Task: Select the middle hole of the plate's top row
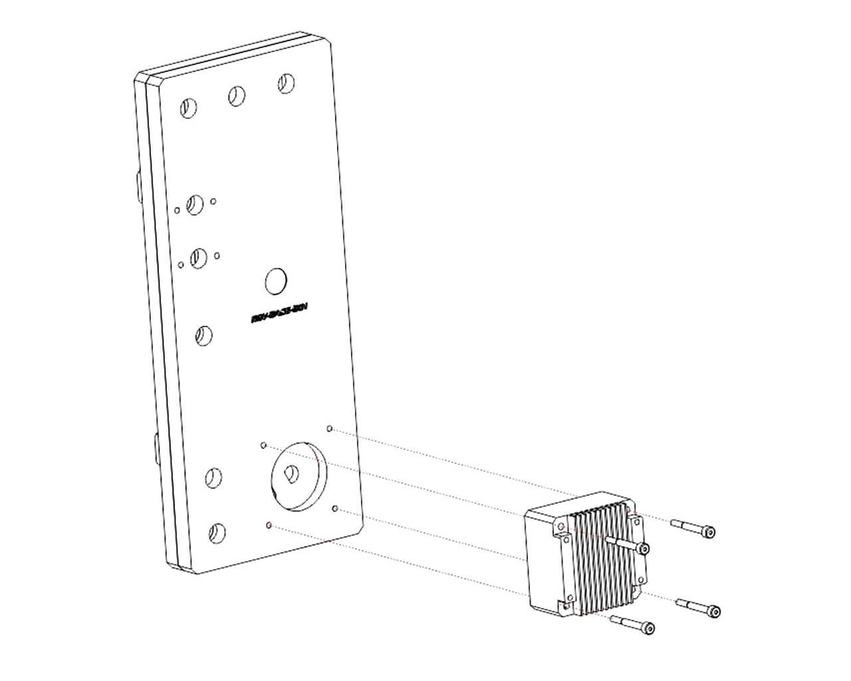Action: click(236, 96)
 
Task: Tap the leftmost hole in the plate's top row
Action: click(188, 107)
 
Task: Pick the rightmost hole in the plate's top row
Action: click(286, 82)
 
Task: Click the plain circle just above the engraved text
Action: click(275, 281)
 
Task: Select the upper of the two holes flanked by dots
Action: click(195, 204)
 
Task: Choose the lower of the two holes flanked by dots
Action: click(198, 258)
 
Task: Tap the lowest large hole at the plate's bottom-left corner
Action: click(216, 532)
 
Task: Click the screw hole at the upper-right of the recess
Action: click(330, 429)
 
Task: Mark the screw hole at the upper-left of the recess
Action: click(263, 444)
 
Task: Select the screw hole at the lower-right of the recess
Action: click(336, 509)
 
